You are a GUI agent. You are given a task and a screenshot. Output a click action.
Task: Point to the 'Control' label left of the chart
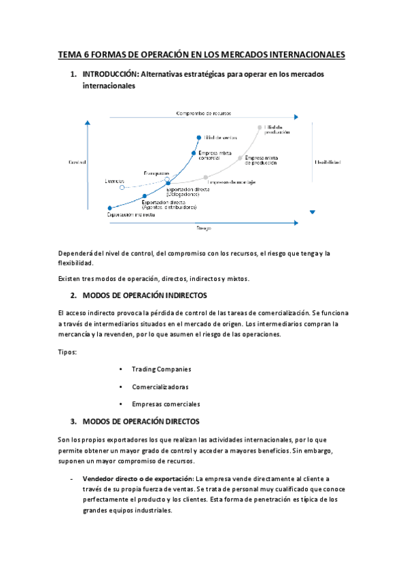click(x=77, y=163)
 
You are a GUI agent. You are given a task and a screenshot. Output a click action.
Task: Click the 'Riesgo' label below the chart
click(x=203, y=228)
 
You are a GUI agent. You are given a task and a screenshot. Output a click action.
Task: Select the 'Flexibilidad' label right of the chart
click(x=328, y=163)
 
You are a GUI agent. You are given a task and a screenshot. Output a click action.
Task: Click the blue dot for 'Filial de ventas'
click(x=198, y=136)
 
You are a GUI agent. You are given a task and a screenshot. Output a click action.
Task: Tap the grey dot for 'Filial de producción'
click(x=260, y=127)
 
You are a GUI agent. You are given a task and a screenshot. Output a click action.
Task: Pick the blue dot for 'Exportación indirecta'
click(x=109, y=208)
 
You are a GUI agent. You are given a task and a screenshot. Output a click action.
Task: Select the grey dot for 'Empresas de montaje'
click(x=206, y=177)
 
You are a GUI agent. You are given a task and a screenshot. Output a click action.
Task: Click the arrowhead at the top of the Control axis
click(x=88, y=122)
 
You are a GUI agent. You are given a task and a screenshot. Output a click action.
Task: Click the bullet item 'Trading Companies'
click(x=161, y=369)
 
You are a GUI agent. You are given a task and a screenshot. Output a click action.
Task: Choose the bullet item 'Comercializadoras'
click(x=162, y=386)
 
